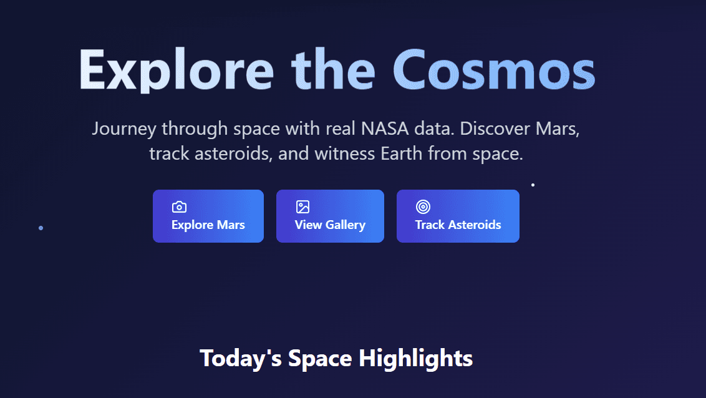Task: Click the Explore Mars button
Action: [x=208, y=216]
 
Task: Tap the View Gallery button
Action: [x=330, y=216]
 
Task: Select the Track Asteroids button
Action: [x=458, y=216]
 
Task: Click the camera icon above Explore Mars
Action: [x=179, y=207]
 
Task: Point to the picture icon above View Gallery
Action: [x=302, y=207]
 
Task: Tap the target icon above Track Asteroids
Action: [x=423, y=207]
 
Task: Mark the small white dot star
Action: [x=533, y=185]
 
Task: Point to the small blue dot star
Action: [x=41, y=228]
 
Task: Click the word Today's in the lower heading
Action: [x=240, y=358]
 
